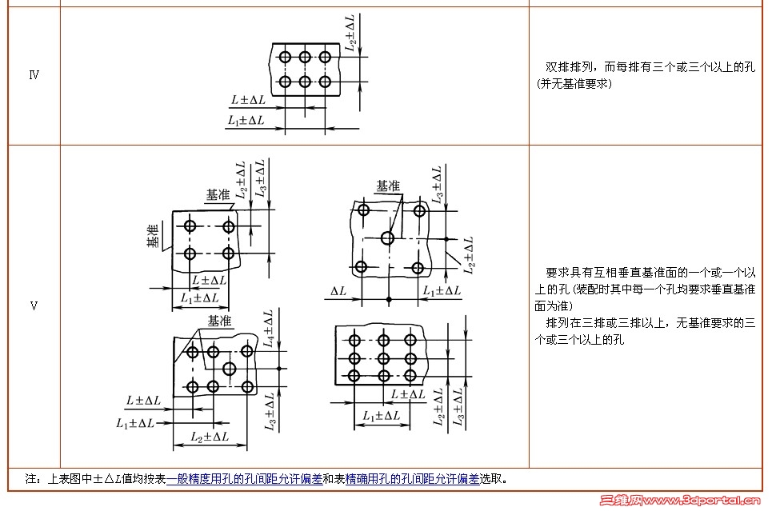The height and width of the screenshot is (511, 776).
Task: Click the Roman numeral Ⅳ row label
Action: pyautogui.click(x=34, y=75)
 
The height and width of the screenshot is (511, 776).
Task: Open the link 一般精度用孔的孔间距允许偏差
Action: pyautogui.click(x=244, y=479)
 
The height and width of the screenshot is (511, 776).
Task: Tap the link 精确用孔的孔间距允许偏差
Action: pyautogui.click(x=412, y=479)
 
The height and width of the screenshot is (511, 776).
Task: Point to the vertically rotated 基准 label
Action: pyautogui.click(x=152, y=235)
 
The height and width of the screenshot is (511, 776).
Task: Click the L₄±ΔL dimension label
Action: pyautogui.click(x=269, y=329)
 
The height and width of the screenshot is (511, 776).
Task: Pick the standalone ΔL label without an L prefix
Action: pyautogui.click(x=338, y=291)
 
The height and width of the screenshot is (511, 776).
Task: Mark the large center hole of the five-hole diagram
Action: pyautogui.click(x=388, y=238)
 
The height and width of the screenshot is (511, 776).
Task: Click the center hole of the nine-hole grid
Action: pyautogui.click(x=383, y=358)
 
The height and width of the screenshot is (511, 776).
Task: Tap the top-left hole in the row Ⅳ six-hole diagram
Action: pyautogui.click(x=284, y=57)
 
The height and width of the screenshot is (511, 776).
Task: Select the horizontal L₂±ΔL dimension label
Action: pyautogui.click(x=210, y=437)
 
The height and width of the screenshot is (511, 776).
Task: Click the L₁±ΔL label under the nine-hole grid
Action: pyautogui.click(x=382, y=416)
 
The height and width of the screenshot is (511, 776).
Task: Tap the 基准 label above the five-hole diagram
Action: pyautogui.click(x=388, y=186)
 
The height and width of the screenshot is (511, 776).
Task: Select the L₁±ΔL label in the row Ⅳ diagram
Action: pyautogui.click(x=246, y=120)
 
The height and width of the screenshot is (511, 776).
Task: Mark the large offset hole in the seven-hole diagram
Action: pyautogui.click(x=230, y=369)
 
